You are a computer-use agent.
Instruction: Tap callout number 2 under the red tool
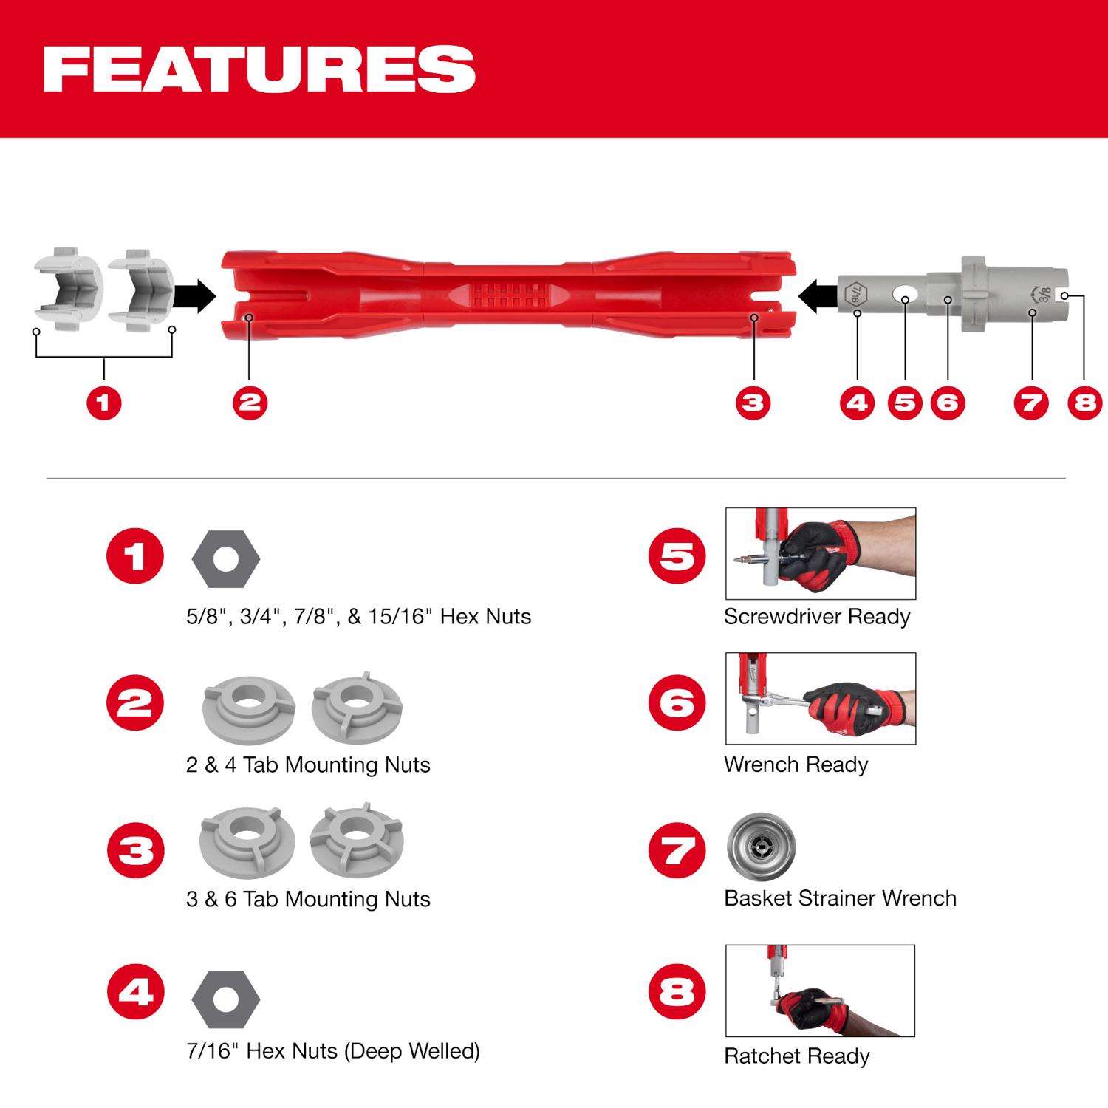click(250, 403)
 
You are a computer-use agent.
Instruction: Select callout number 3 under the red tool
click(753, 403)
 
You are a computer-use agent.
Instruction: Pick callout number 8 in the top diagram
click(1084, 403)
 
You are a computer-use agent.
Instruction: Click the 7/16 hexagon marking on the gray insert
click(855, 296)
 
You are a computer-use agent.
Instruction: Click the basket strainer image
click(760, 845)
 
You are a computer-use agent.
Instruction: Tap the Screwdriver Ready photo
click(820, 553)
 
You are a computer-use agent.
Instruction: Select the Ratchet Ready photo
click(820, 990)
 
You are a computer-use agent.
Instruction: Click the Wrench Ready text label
click(796, 765)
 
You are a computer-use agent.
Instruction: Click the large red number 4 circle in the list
click(135, 991)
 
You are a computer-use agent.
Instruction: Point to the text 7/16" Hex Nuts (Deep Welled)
click(332, 1050)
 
